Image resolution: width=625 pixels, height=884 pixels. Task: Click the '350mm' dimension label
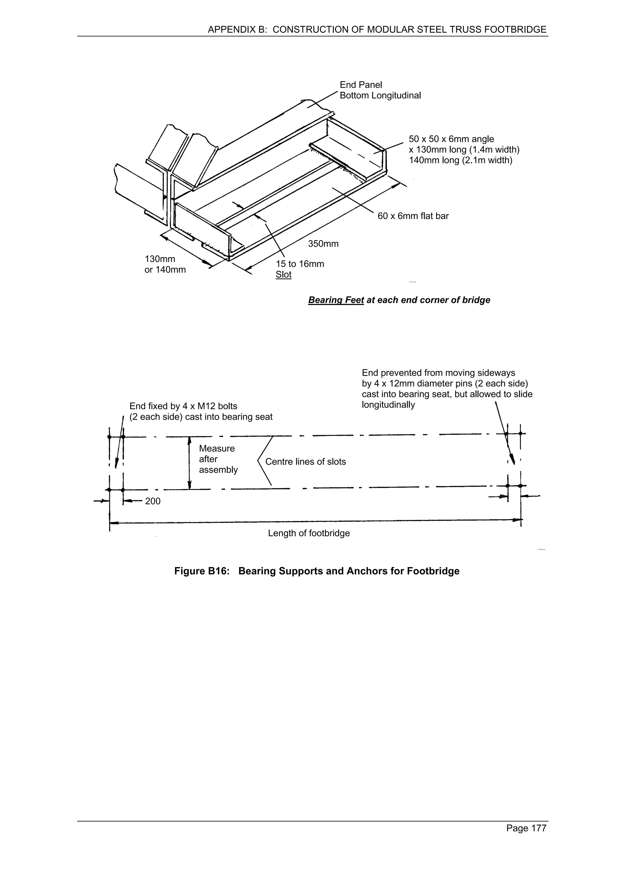click(x=323, y=244)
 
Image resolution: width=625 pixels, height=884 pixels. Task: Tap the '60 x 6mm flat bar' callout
click(x=413, y=216)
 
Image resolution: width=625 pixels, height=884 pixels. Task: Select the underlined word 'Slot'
click(x=284, y=275)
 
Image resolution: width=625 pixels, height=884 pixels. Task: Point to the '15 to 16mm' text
click(x=300, y=264)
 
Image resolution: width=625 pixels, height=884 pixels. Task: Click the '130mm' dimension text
click(x=160, y=259)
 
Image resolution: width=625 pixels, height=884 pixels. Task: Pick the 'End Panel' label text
click(x=360, y=85)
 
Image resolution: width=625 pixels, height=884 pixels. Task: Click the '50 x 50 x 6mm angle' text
click(x=451, y=139)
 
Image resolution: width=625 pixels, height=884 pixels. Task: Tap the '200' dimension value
click(x=153, y=501)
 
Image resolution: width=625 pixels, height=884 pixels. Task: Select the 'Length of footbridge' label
click(x=309, y=533)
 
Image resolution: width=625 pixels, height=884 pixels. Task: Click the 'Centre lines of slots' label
click(x=305, y=462)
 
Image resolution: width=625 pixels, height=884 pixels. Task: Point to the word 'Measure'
click(x=216, y=448)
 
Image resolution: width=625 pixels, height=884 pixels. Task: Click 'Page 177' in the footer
click(x=526, y=828)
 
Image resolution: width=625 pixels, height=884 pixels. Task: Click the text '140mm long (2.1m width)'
click(x=460, y=160)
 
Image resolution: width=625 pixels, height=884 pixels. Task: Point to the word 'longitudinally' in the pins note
click(x=388, y=405)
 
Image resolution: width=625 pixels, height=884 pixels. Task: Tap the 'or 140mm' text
click(x=165, y=270)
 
